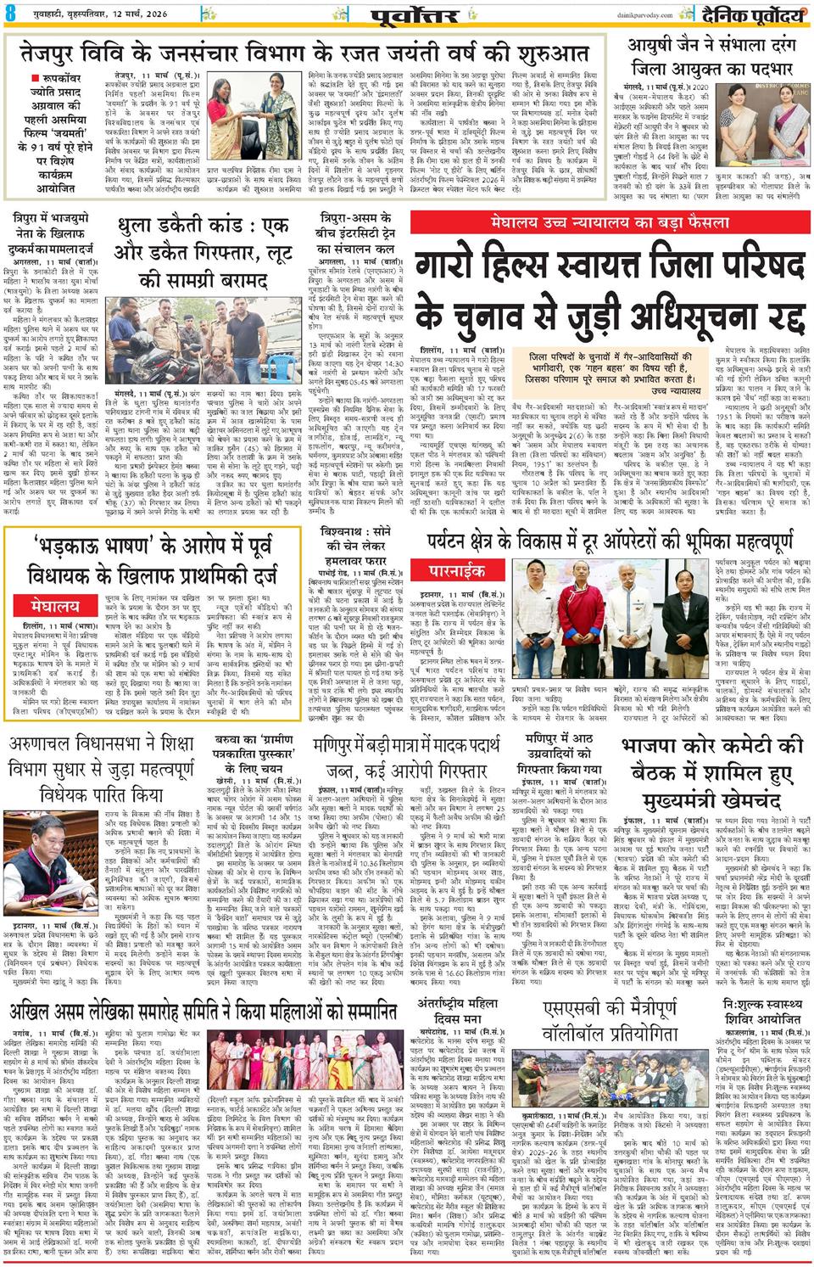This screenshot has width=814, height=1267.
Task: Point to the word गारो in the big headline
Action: [x=467, y=263]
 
